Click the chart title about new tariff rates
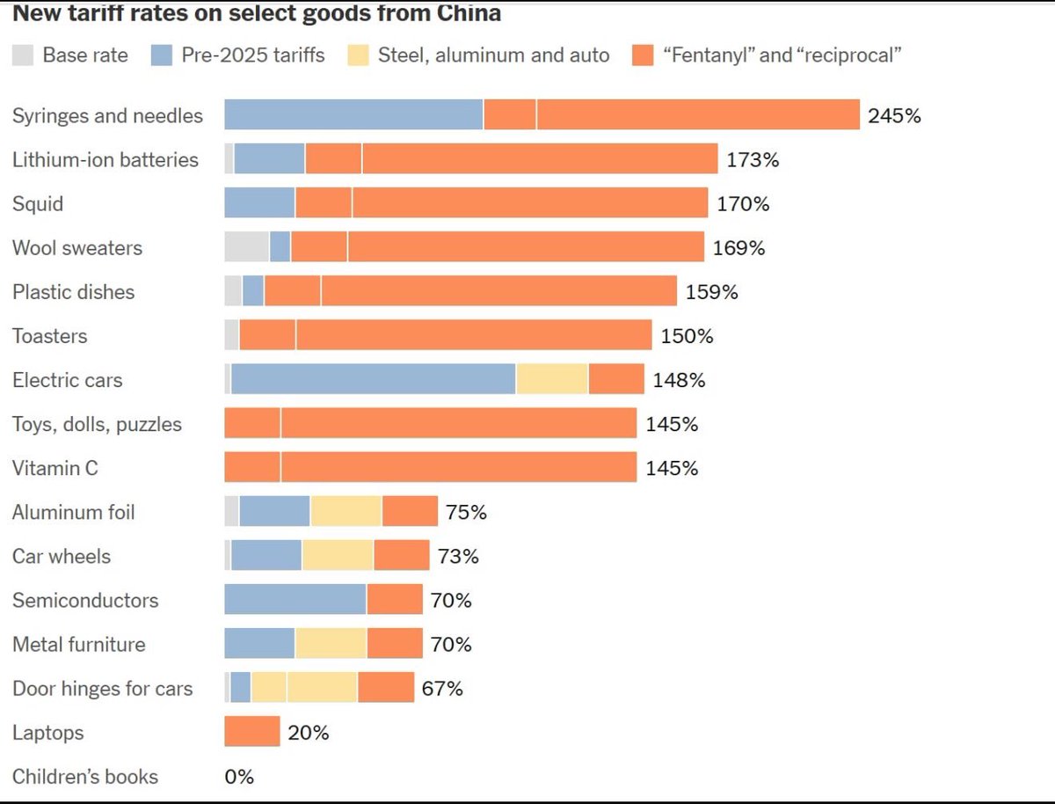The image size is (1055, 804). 257,13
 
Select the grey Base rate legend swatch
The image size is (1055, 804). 23,55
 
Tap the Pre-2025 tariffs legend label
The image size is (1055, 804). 253,55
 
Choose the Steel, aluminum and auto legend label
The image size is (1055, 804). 493,55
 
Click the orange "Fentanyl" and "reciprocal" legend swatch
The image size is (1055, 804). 644,55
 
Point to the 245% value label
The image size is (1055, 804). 894,115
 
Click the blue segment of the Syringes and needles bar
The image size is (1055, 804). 353,115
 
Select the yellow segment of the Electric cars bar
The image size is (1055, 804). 552,379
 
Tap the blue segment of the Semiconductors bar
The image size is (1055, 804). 295,599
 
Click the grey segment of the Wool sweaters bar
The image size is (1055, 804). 247,247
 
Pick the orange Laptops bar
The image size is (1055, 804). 252,731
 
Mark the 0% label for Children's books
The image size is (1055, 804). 239,777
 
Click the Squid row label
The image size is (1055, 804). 38,204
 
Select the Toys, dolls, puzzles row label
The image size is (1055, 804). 97,424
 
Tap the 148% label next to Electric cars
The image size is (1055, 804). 679,380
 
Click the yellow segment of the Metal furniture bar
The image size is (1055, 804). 331,643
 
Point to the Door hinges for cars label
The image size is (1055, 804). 102,688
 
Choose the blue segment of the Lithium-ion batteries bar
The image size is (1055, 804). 269,159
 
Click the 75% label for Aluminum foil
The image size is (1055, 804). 466,512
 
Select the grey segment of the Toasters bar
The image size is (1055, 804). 232,335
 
